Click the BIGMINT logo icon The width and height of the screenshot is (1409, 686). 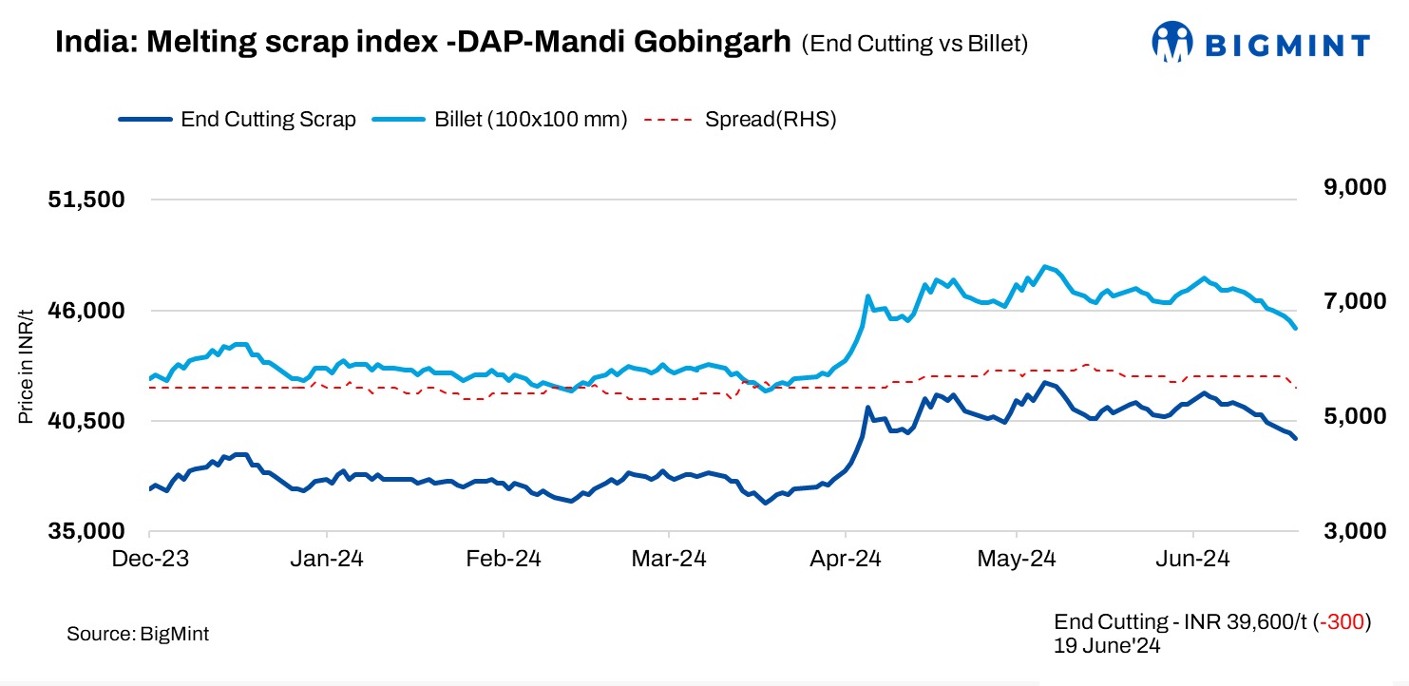(x=1171, y=43)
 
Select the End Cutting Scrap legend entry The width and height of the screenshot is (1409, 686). (x=268, y=120)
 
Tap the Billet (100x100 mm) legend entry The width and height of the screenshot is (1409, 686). (x=531, y=120)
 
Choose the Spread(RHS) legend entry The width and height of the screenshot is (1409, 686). (x=770, y=120)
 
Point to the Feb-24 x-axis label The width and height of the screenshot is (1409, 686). (x=505, y=559)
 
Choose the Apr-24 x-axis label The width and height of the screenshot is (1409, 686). (x=844, y=559)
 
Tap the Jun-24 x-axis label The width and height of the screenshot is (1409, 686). (x=1192, y=559)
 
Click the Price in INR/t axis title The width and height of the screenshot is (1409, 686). (x=27, y=366)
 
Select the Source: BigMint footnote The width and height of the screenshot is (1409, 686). (x=138, y=634)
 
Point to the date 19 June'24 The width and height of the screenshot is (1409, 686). (x=1107, y=645)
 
